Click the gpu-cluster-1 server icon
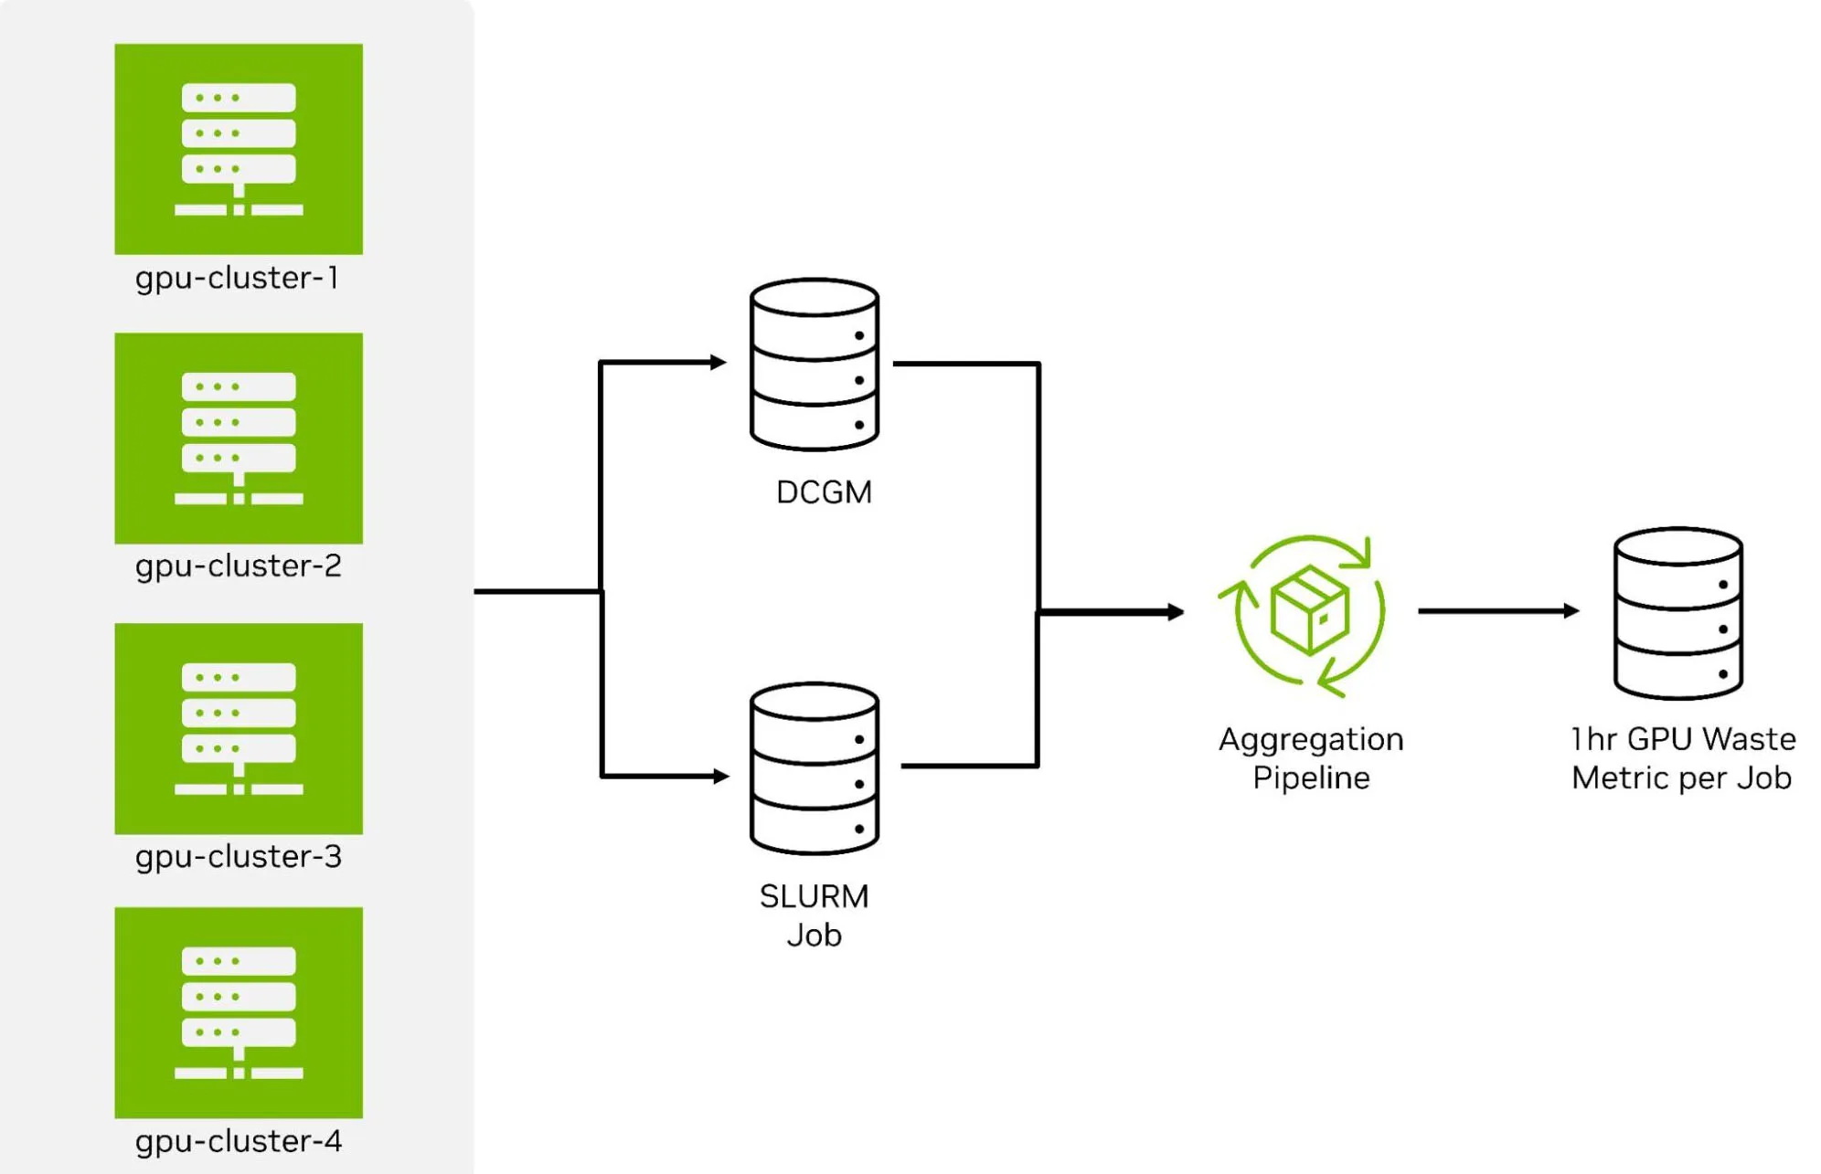click(239, 149)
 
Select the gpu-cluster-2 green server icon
click(239, 438)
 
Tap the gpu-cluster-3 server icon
click(239, 728)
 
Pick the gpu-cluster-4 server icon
click(239, 1012)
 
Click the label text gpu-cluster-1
click(238, 279)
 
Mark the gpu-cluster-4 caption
click(239, 1142)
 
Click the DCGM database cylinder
click(814, 365)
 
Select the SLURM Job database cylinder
click(814, 768)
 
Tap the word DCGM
click(824, 492)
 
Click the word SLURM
click(814, 896)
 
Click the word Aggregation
click(1311, 739)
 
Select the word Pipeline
click(1311, 778)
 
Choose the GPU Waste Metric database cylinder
click(1677, 613)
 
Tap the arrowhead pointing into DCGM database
click(719, 363)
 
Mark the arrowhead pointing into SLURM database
click(720, 777)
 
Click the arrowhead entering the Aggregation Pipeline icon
click(1176, 612)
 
